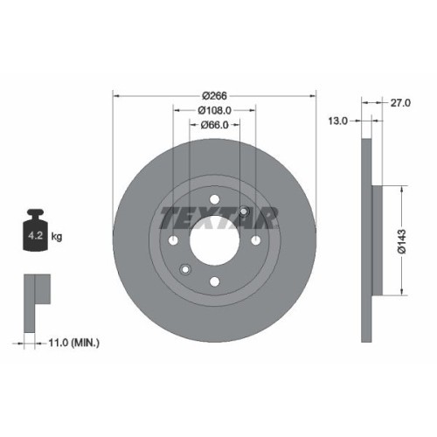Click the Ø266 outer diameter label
tap(214, 95)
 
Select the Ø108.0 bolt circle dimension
tap(214, 110)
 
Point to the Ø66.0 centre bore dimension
tap(214, 125)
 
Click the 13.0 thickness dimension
tap(338, 120)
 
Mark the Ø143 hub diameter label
tap(401, 239)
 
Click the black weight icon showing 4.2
tap(35, 231)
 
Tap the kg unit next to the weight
tap(57, 236)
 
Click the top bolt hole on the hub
tap(214, 199)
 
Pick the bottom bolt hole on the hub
tap(214, 281)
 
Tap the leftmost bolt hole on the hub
tap(174, 240)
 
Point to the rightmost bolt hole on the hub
tap(254, 240)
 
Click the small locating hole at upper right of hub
tap(244, 212)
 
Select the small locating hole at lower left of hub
tap(184, 268)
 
